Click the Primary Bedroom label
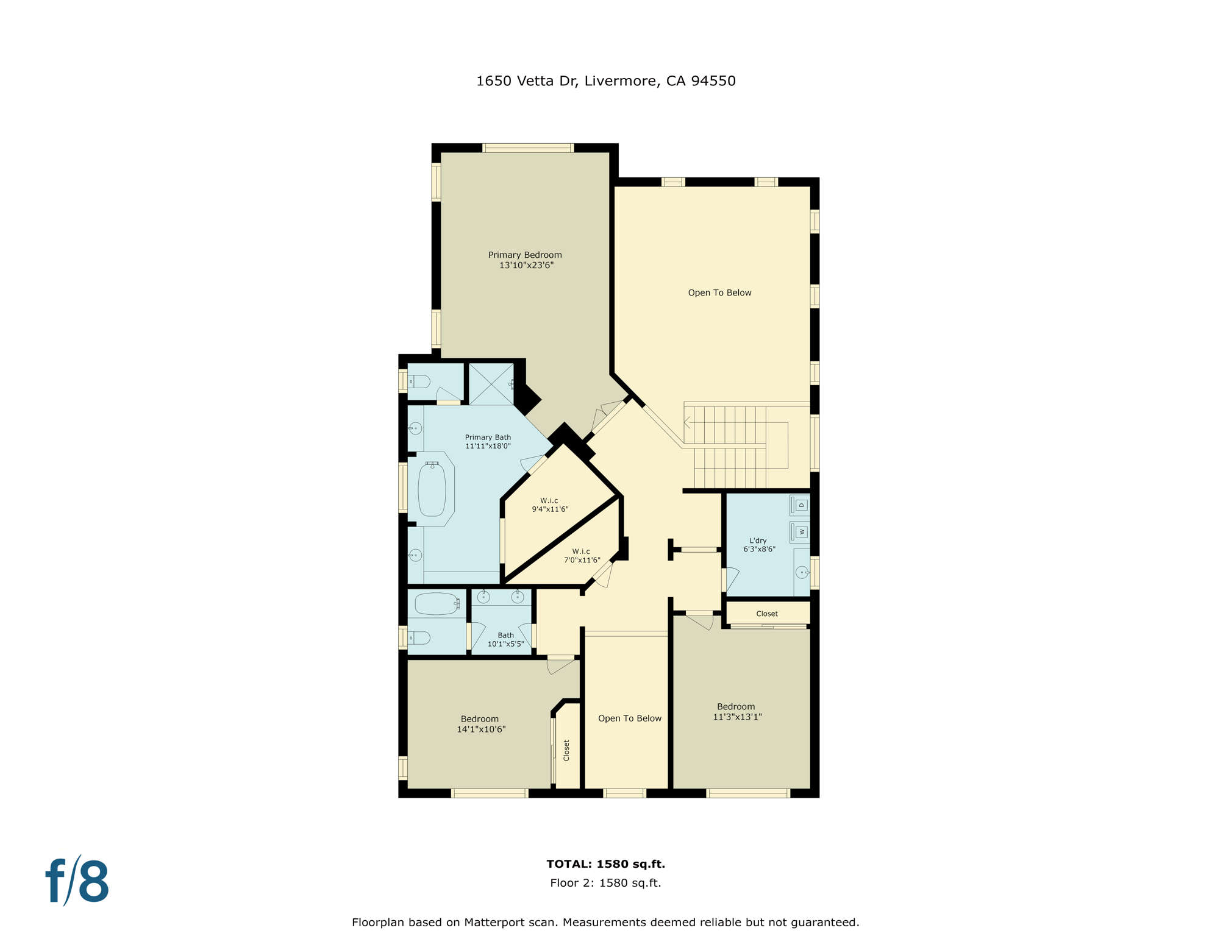tap(525, 260)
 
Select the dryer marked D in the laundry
tap(800, 505)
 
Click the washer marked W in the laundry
tap(800, 532)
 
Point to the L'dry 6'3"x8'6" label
tap(758, 545)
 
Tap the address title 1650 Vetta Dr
tap(605, 81)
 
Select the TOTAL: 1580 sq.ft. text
tap(605, 863)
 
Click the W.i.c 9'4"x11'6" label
tap(549, 505)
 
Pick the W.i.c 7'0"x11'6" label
tap(581, 556)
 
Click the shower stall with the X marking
tap(491, 384)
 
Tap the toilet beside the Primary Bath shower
tap(419, 382)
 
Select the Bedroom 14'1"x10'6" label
tap(480, 724)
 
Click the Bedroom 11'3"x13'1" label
tap(736, 712)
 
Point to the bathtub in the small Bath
tap(437, 604)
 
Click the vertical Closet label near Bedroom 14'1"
tap(566, 750)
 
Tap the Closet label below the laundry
tap(766, 614)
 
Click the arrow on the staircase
tap(687, 422)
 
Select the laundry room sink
tap(802, 572)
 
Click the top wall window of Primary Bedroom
tap(528, 148)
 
